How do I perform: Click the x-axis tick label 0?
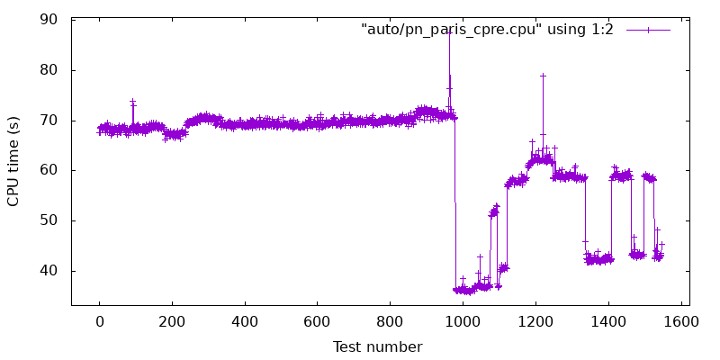coord(99,322)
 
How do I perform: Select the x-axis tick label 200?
coord(172,322)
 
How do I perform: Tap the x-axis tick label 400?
coord(245,322)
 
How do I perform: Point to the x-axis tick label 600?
coord(318,322)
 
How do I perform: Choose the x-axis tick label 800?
coord(390,322)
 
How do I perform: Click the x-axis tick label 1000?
coord(463,322)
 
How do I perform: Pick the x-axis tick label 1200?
coord(535,322)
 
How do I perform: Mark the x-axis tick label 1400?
coord(608,322)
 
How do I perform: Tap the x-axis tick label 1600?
coord(680,322)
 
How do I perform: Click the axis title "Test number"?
coord(377,346)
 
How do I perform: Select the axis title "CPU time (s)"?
coord(13,163)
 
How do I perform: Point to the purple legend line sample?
coord(648,31)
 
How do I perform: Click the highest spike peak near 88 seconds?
coord(449,32)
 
